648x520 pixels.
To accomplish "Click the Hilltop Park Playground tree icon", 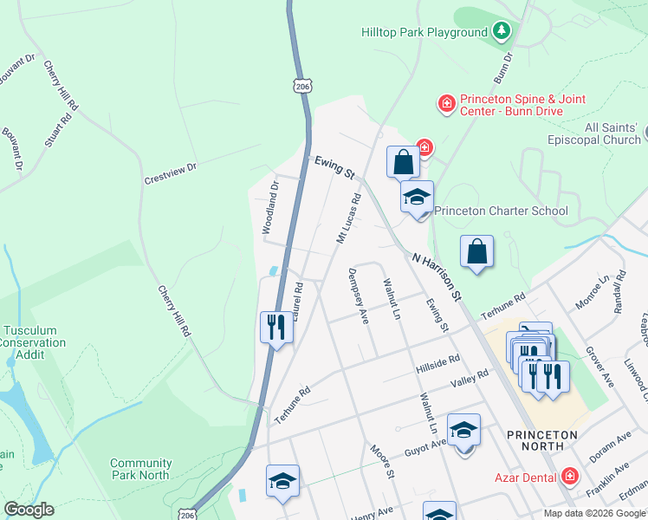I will point(501,32).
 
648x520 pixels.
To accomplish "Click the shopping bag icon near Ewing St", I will point(403,160).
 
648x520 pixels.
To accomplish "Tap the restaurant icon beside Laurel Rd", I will point(275,327).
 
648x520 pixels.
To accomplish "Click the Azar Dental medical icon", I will point(568,476).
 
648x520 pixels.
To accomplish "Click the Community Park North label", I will point(139,469).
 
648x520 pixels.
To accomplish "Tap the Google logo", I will point(29,510).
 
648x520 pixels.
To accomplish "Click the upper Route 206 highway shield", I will point(301,85).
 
